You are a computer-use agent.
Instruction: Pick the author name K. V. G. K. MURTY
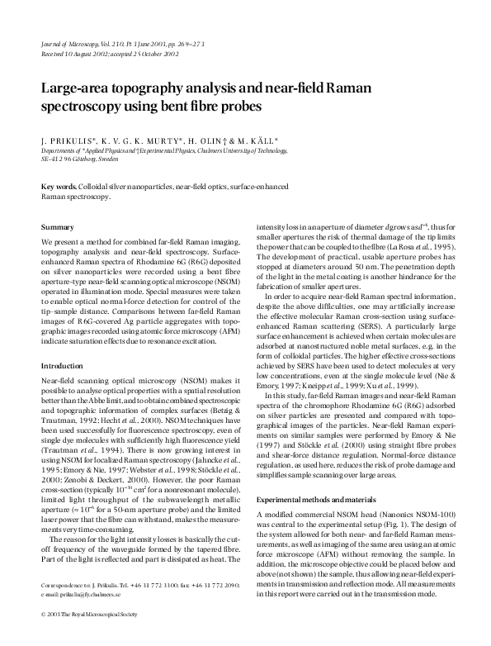(136, 141)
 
